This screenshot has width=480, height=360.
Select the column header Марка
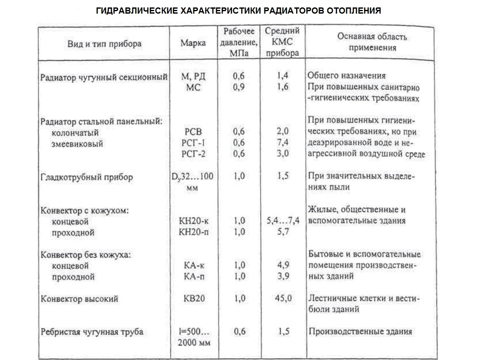coord(193,43)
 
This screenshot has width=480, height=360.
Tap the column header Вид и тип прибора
coord(104,44)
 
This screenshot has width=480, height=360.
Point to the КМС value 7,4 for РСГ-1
coord(283,143)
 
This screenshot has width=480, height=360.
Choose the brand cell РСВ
coord(193,132)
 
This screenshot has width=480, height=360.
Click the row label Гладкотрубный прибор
coord(87,178)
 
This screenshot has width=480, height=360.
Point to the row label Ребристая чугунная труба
coord(92,332)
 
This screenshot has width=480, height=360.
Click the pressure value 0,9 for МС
coord(239,87)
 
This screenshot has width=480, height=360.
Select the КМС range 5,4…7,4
coord(283,221)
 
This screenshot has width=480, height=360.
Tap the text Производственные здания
coord(360,332)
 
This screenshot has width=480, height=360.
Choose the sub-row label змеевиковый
coord(78,144)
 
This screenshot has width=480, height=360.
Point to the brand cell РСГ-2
coord(193,154)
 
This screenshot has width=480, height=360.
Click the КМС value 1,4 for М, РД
coord(283,76)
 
